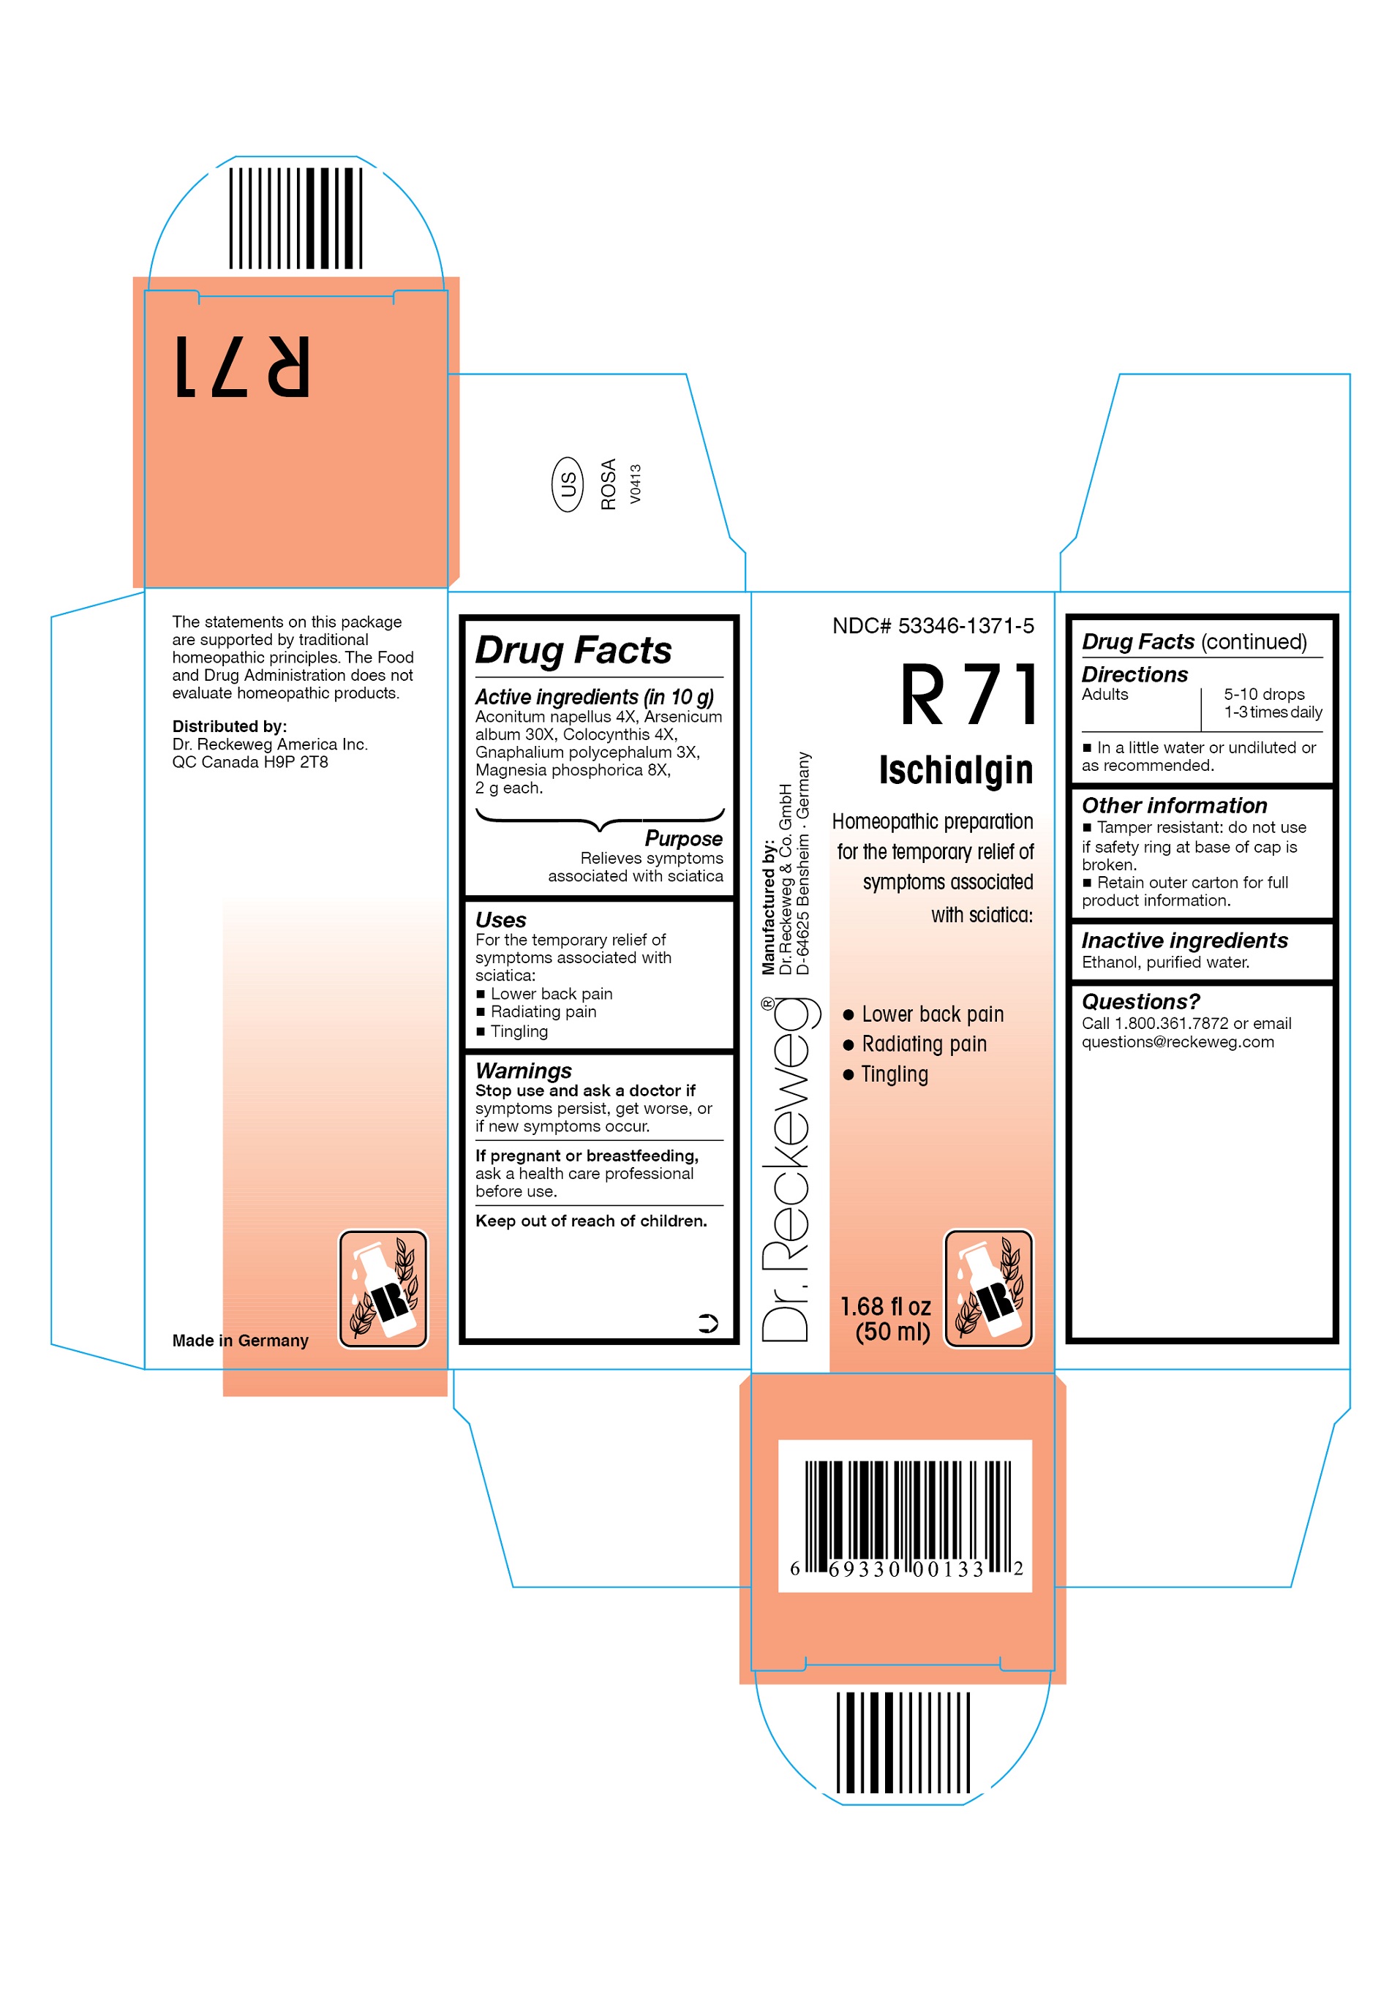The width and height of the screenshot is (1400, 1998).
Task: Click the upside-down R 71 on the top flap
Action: (242, 366)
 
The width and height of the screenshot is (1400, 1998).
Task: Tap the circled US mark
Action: (568, 484)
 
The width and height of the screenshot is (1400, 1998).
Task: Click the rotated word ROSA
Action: (609, 484)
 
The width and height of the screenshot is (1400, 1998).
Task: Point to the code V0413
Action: (635, 484)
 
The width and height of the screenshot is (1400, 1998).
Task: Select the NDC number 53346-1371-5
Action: (965, 626)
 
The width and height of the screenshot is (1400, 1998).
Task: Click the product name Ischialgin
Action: (955, 770)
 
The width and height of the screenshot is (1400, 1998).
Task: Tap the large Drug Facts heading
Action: (573, 650)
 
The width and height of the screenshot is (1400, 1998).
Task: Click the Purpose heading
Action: (683, 838)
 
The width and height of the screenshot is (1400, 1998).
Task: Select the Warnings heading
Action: (523, 1071)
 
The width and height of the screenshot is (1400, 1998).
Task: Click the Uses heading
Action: (500, 920)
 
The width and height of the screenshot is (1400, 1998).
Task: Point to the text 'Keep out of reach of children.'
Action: (591, 1221)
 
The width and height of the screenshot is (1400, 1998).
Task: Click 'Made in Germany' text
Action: (240, 1340)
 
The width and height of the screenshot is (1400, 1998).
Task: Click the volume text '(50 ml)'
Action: (892, 1332)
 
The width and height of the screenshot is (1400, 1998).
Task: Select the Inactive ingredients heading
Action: (1183, 940)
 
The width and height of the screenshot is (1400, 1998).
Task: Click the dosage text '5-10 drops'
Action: (1263, 695)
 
